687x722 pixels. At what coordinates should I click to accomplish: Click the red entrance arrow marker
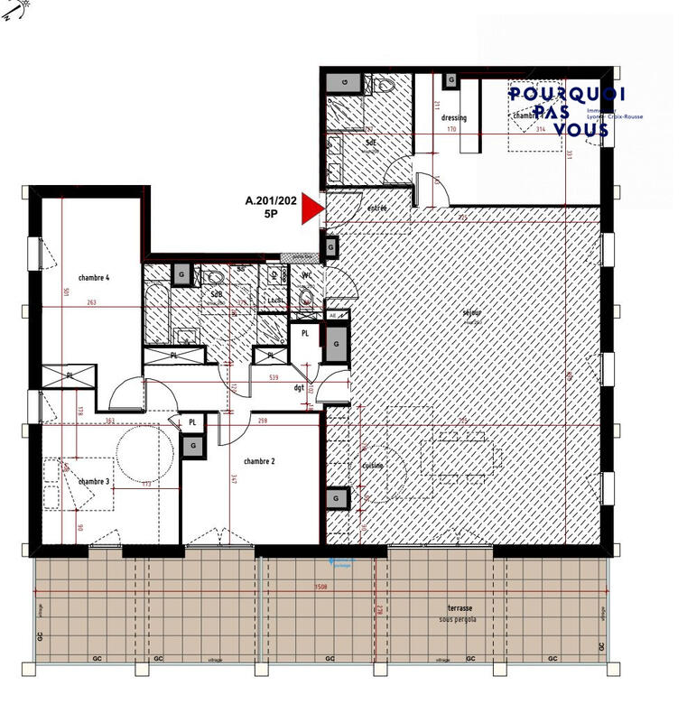point(311,208)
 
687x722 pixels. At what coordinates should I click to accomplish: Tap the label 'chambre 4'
point(93,278)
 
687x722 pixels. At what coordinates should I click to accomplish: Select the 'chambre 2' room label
point(259,461)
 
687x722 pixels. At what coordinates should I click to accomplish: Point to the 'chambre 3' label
point(93,482)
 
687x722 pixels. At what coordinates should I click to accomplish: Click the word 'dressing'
point(454,118)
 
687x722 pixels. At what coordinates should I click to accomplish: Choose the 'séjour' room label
point(470,313)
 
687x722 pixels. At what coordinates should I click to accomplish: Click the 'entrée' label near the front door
point(376,208)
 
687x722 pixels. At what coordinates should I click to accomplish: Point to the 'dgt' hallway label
point(299,388)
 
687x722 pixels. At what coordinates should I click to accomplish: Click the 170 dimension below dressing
point(452,129)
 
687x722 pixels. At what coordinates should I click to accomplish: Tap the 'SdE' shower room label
point(371,143)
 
